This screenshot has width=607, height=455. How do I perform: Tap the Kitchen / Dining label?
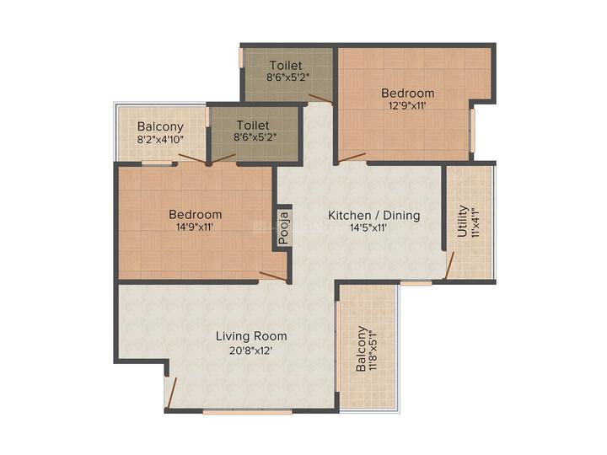[x=373, y=215]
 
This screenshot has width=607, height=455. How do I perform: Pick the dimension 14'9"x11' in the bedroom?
[x=195, y=227]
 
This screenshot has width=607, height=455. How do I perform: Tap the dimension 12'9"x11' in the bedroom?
[x=407, y=106]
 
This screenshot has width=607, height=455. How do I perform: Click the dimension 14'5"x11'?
[x=368, y=228]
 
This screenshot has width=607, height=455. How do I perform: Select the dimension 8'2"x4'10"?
[x=160, y=139]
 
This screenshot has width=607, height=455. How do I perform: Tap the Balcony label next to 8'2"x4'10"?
[x=161, y=126]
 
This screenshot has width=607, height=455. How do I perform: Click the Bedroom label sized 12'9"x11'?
[x=407, y=93]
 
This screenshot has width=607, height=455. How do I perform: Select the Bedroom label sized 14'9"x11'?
[x=195, y=214]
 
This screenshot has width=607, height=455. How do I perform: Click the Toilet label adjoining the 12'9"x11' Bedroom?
[x=287, y=65]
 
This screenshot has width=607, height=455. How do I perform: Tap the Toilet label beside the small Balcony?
[x=253, y=126]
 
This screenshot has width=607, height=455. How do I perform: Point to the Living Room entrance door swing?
[x=171, y=392]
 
